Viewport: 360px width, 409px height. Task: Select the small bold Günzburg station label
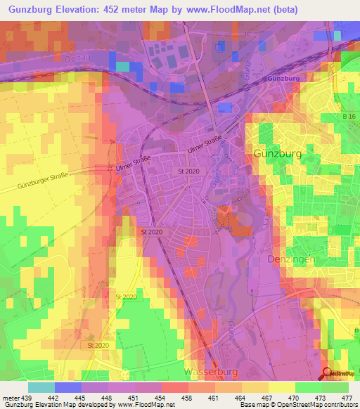(283, 79)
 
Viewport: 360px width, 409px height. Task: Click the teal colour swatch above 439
(41, 387)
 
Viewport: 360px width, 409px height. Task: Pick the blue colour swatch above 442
(68, 387)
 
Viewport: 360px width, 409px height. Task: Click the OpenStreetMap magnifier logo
(326, 373)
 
